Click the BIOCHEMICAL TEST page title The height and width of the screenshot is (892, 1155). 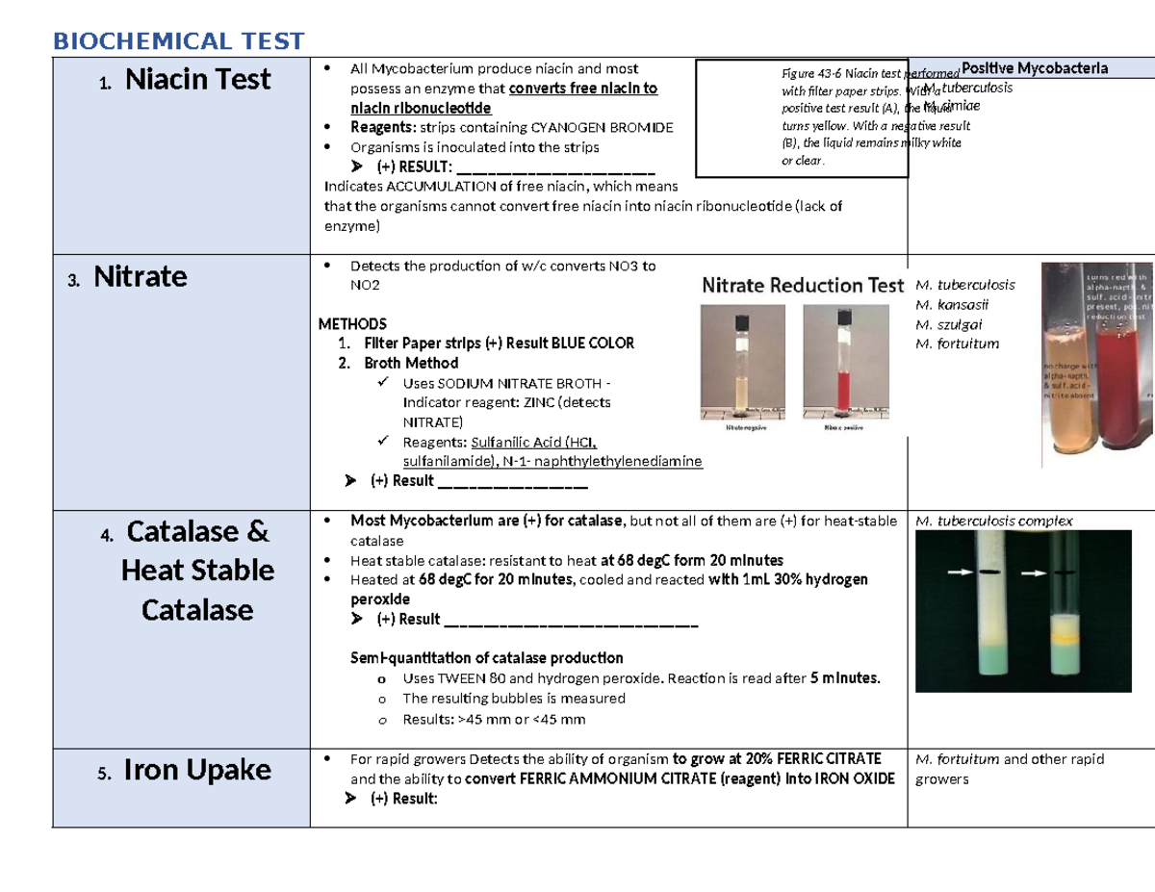click(x=179, y=41)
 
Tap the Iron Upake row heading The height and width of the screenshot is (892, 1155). click(x=197, y=770)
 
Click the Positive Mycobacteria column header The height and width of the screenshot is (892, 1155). click(x=1035, y=68)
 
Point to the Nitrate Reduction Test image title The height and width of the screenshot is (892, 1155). click(x=803, y=285)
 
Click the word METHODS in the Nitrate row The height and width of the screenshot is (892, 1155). click(x=352, y=324)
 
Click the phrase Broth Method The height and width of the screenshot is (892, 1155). click(x=411, y=364)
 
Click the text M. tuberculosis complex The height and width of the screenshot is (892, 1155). click(x=994, y=522)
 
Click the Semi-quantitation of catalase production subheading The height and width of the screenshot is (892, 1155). click(x=486, y=658)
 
